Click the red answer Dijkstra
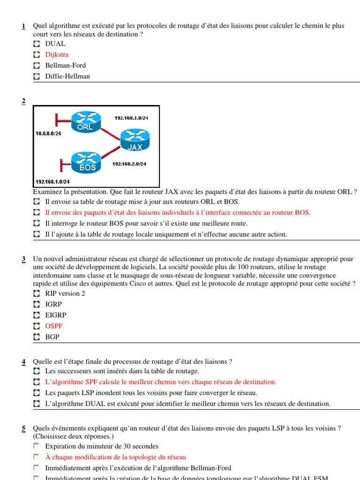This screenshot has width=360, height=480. pyautogui.click(x=57, y=54)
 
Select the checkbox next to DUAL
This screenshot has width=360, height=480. pyautogui.click(x=37, y=44)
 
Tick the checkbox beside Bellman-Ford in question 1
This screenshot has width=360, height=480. pyautogui.click(x=37, y=66)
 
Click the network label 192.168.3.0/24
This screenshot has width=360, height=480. pyautogui.click(x=131, y=118)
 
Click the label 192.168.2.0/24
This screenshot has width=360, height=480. pyautogui.click(x=129, y=164)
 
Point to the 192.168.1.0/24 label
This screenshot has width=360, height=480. pyautogui.click(x=52, y=181)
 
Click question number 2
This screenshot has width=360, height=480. pyautogui.click(x=23, y=102)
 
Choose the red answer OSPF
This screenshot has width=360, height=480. pyautogui.click(x=54, y=326)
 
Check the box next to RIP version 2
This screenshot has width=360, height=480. pyautogui.click(x=37, y=294)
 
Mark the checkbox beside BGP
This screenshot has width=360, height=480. pyautogui.click(x=37, y=337)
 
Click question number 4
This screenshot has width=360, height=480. pyautogui.click(x=23, y=361)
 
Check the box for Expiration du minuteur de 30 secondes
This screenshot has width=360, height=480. pyautogui.click(x=37, y=446)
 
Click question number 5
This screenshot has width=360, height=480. pyautogui.click(x=23, y=428)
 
